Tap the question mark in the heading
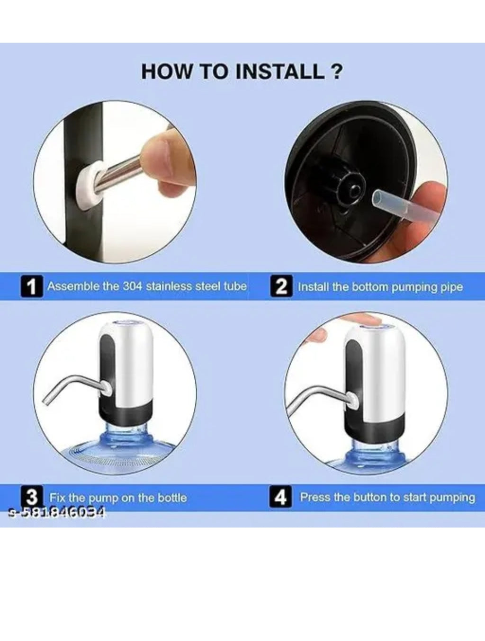coord(337,71)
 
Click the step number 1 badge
coord(32,286)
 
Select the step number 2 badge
coord(281,286)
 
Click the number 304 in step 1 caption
coord(132,286)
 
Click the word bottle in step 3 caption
coord(172,498)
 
